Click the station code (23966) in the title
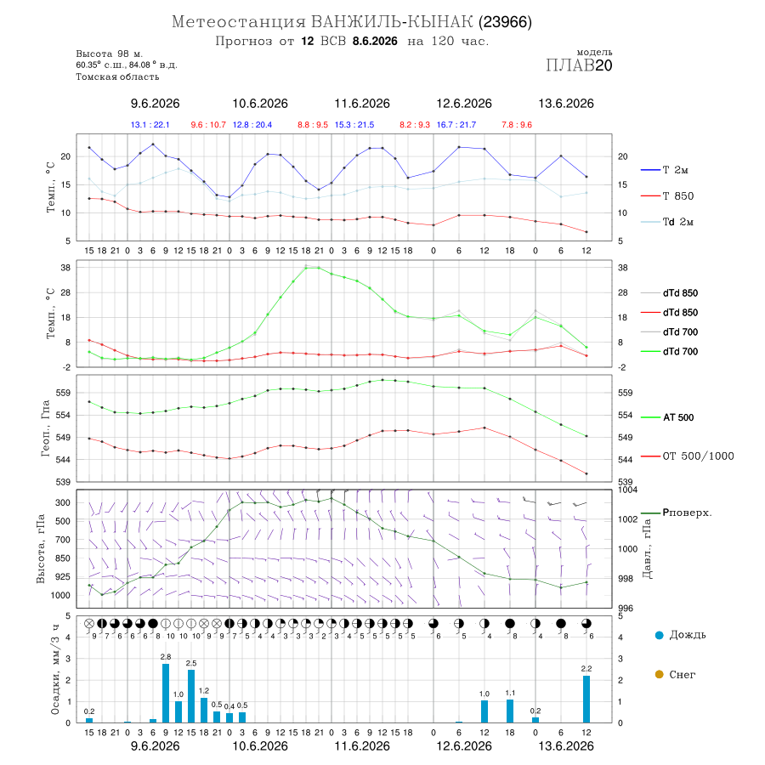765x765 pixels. pyautogui.click(x=505, y=22)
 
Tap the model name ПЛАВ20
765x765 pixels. pyautogui.click(x=579, y=65)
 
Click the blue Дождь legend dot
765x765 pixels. pyautogui.click(x=659, y=635)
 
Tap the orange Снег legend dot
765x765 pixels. pyautogui.click(x=659, y=674)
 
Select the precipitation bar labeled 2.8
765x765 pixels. pyautogui.click(x=166, y=693)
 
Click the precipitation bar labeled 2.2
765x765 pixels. pyautogui.click(x=586, y=700)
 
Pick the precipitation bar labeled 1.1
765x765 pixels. pyautogui.click(x=510, y=711)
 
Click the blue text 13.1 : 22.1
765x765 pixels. pyautogui.click(x=150, y=125)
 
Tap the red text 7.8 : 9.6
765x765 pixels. pyautogui.click(x=517, y=125)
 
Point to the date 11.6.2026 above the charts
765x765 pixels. pyautogui.click(x=362, y=104)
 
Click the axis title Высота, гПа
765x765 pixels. pyautogui.click(x=41, y=548)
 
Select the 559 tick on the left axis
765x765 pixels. pyautogui.click(x=64, y=393)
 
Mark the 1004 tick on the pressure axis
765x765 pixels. pyautogui.click(x=627, y=490)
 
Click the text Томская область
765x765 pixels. pyautogui.click(x=117, y=76)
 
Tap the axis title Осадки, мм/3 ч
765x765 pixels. pyautogui.click(x=54, y=670)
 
